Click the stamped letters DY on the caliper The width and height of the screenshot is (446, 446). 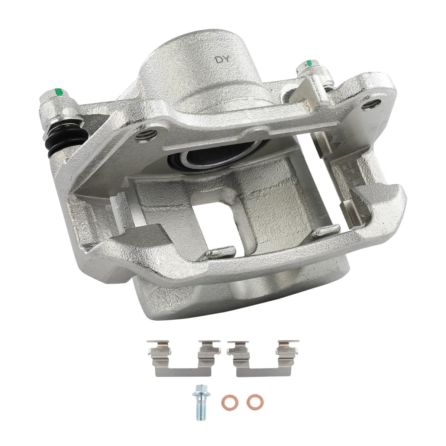pyautogui.click(x=222, y=59)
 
